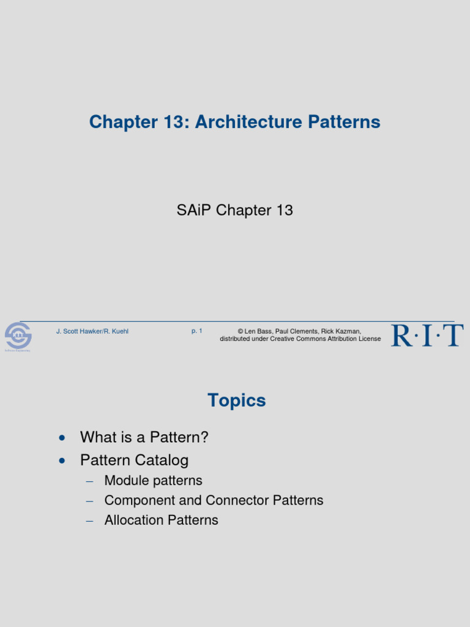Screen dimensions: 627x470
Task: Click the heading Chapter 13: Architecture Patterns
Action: pyautogui.click(x=234, y=122)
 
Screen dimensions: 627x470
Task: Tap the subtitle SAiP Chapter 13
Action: pyautogui.click(x=234, y=211)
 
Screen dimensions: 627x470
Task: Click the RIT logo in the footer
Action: pyautogui.click(x=427, y=336)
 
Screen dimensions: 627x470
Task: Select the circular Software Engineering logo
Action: pyautogui.click(x=18, y=336)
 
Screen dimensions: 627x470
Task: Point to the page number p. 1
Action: pyautogui.click(x=196, y=331)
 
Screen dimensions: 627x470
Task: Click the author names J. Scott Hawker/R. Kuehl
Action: pyautogui.click(x=92, y=331)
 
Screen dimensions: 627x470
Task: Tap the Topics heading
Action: pyautogui.click(x=236, y=400)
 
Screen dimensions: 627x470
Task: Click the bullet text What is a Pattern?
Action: pyautogui.click(x=144, y=437)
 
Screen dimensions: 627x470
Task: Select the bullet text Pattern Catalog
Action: pyautogui.click(x=134, y=460)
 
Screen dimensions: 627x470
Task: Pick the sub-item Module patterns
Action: pyautogui.click(x=153, y=481)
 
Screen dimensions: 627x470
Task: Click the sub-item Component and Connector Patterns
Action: pyautogui.click(x=214, y=500)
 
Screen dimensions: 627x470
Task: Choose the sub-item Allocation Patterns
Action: pyautogui.click(x=161, y=520)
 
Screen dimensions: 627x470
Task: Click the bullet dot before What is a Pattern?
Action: pyautogui.click(x=61, y=438)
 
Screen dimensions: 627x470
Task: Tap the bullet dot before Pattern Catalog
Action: pyautogui.click(x=61, y=460)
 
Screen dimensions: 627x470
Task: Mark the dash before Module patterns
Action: pyautogui.click(x=89, y=481)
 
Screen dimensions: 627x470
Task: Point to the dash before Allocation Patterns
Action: pyautogui.click(x=89, y=520)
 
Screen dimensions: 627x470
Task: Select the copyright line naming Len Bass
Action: pyautogui.click(x=299, y=331)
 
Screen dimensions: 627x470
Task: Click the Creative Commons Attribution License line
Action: pyautogui.click(x=300, y=339)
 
